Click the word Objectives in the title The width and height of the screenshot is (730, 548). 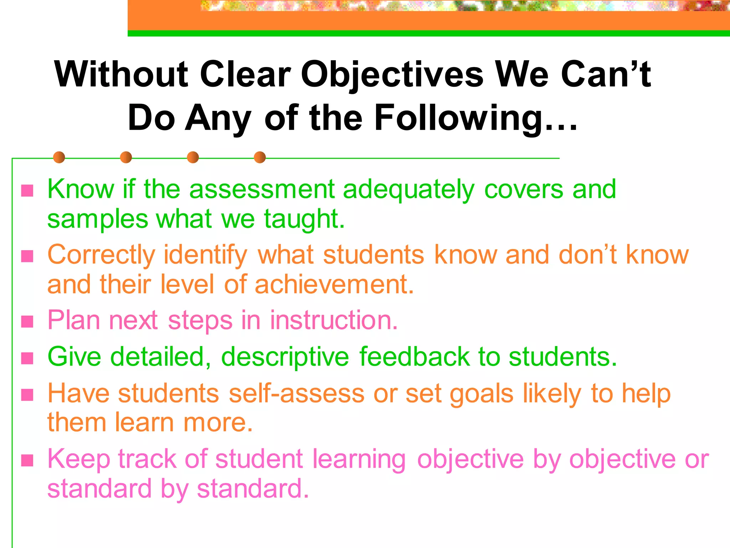click(392, 75)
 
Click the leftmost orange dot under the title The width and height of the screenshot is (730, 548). click(59, 157)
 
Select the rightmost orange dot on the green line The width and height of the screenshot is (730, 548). click(260, 157)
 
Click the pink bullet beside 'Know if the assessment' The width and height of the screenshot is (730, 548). click(27, 191)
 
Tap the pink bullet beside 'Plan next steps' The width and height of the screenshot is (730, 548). click(27, 322)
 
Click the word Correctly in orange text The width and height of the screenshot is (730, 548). click(101, 255)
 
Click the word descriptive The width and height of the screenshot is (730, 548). click(285, 357)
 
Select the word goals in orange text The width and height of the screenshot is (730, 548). click(482, 394)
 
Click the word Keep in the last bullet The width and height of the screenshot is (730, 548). click(78, 460)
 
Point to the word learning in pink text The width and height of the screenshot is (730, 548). click(359, 460)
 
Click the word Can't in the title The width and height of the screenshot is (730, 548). click(606, 75)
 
